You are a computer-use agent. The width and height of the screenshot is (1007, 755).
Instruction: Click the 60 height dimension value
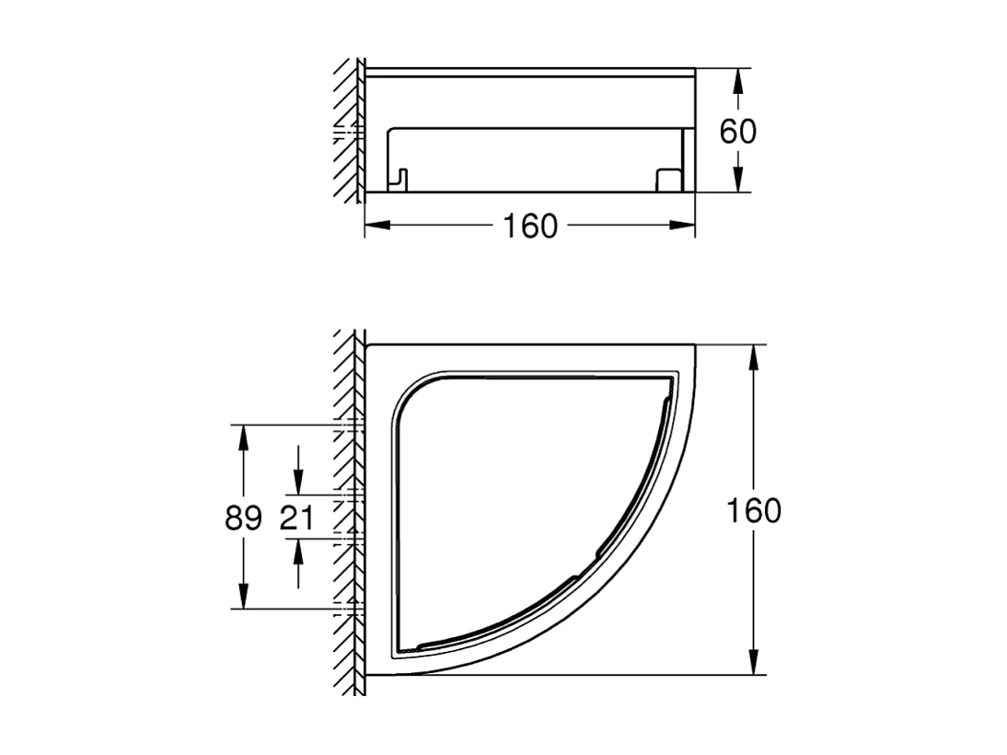(x=737, y=131)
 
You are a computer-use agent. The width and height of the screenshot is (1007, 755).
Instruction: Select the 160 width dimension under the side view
(x=530, y=226)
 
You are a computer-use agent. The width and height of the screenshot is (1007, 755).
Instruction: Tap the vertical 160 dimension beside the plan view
(x=754, y=510)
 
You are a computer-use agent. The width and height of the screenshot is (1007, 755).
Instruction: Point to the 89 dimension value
(x=244, y=518)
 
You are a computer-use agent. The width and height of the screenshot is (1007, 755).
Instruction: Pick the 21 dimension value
(x=296, y=518)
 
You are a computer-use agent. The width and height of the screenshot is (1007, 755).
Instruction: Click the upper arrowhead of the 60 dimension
(x=737, y=81)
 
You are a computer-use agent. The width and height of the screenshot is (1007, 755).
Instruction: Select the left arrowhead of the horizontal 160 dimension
(x=377, y=225)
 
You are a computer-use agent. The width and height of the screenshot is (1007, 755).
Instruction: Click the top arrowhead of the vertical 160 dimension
(x=754, y=357)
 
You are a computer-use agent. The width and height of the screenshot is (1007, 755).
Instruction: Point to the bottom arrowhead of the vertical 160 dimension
(x=754, y=662)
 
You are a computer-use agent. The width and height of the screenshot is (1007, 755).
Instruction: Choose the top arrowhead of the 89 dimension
(x=244, y=437)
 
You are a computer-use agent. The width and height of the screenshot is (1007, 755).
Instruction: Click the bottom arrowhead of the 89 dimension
(x=244, y=596)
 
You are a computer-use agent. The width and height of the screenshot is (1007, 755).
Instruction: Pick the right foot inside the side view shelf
(x=666, y=179)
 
